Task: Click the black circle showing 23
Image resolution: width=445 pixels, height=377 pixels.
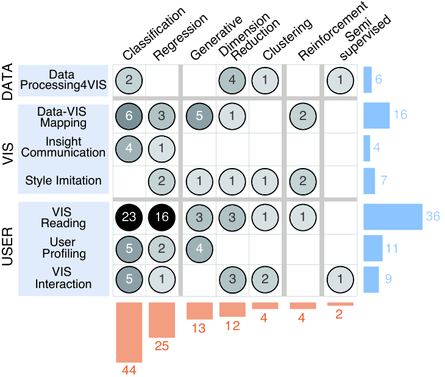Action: coord(129,217)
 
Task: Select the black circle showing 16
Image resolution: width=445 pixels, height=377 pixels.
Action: coord(162,217)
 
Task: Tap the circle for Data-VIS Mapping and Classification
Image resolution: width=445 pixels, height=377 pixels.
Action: coord(129,116)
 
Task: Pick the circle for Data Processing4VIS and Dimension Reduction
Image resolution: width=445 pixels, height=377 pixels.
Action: coord(232,80)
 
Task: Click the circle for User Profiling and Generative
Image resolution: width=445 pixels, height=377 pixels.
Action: coord(199,249)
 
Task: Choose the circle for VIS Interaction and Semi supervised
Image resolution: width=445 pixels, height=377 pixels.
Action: coord(340,280)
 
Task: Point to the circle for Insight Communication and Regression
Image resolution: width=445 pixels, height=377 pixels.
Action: coord(162,149)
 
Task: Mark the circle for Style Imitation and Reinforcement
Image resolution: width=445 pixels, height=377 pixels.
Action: coord(303,181)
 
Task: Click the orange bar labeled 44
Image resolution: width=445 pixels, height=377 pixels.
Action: coord(129,332)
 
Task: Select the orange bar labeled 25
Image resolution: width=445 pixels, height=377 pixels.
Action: coord(162,320)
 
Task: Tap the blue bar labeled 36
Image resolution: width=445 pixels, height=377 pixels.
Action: coord(393,217)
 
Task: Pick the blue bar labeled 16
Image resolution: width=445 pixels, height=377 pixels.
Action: coord(377,115)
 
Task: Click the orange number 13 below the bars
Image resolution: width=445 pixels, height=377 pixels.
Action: coord(198,328)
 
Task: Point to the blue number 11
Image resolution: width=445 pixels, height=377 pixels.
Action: coord(391,248)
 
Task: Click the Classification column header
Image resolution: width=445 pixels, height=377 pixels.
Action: coord(154,33)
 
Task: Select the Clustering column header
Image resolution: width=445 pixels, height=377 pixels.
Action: coord(288,39)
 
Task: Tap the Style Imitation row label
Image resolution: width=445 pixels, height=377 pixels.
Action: coord(63,180)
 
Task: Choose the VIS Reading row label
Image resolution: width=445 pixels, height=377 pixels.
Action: coord(63,217)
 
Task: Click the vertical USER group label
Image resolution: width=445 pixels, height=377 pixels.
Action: coord(8,246)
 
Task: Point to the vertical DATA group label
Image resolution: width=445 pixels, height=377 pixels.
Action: coord(8,82)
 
